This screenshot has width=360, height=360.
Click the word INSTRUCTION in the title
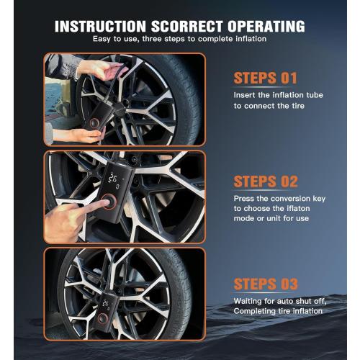click(100, 26)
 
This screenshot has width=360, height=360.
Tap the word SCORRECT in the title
click(187, 26)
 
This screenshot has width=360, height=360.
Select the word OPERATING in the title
click(266, 26)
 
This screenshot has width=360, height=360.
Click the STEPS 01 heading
click(265, 78)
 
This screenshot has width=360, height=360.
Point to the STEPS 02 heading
click(266, 181)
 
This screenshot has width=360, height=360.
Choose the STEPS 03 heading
click(266, 284)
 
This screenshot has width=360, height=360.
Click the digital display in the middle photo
click(115, 180)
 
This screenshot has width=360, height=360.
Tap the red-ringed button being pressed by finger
click(109, 202)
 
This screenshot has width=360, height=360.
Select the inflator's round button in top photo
click(94, 123)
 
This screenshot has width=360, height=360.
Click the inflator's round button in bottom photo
click(102, 318)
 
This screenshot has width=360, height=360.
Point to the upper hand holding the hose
click(102, 69)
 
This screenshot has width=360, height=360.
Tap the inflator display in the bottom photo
click(106, 305)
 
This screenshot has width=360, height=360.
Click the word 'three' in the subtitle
click(153, 39)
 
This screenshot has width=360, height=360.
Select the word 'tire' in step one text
click(298, 106)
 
